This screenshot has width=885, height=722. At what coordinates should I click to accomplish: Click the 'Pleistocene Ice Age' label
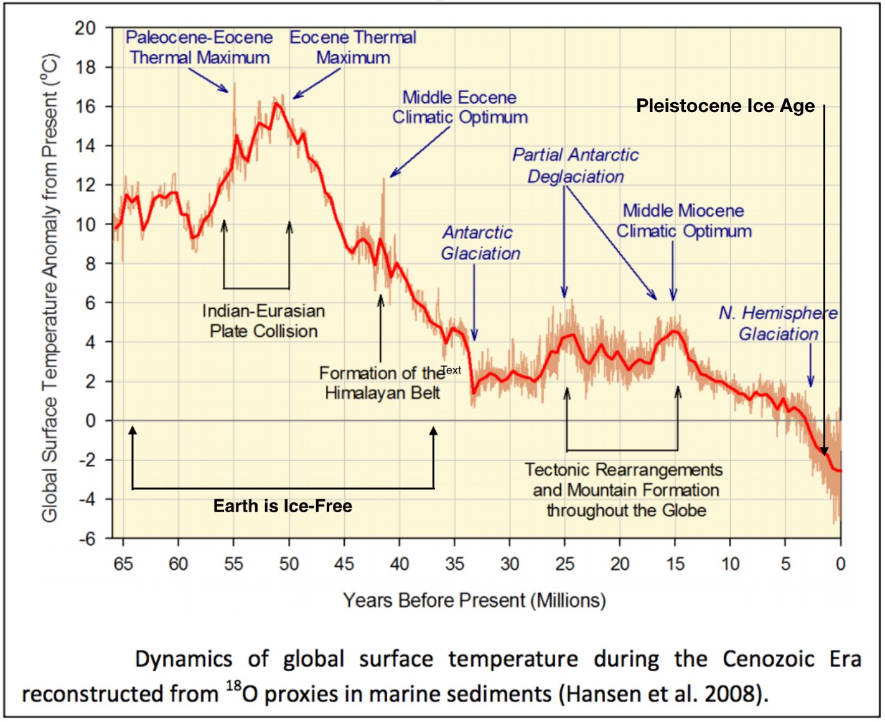point(725,106)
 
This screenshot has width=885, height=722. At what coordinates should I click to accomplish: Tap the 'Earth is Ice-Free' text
point(283,506)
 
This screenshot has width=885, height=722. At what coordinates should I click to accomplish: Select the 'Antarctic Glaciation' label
point(480,243)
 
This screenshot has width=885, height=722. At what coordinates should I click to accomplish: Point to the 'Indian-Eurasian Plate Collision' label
point(263,321)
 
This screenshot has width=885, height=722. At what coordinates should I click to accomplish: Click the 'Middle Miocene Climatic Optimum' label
point(684,221)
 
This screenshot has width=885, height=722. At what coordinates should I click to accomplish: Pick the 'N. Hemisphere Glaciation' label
point(778,324)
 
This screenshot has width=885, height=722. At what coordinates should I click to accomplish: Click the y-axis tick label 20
point(85,28)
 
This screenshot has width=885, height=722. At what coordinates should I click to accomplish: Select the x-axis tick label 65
point(123,564)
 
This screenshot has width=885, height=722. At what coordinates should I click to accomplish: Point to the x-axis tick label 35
point(454,564)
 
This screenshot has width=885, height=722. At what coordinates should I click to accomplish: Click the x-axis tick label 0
point(840,564)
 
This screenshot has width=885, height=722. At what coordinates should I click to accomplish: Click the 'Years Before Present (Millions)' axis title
point(474,601)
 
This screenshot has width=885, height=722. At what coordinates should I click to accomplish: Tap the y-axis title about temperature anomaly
point(50,288)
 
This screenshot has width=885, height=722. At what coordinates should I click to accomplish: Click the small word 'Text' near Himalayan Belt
point(451,370)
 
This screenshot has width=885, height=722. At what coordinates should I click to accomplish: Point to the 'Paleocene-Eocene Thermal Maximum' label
point(199,47)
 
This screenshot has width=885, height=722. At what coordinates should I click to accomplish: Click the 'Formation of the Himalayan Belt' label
point(382,383)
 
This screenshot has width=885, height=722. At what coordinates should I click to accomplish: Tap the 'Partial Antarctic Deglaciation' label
point(576,166)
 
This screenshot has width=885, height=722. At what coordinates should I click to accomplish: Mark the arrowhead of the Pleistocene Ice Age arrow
point(824,451)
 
